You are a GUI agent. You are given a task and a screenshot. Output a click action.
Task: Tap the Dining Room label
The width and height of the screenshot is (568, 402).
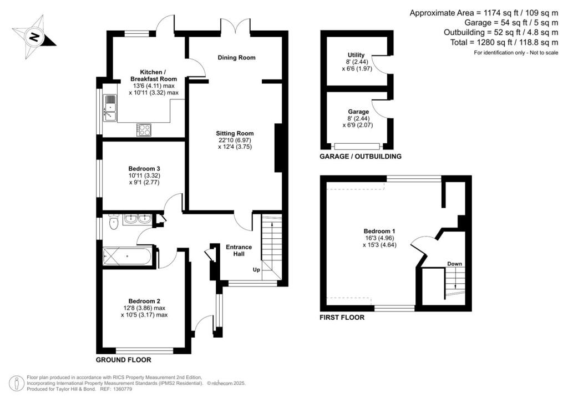tap(236, 58)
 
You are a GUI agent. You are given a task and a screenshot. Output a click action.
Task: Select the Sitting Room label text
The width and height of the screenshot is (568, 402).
tap(235, 133)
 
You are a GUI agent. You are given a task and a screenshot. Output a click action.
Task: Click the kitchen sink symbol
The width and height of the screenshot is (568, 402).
tap(110, 108)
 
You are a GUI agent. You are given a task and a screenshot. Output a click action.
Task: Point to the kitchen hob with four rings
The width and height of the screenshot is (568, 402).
tap(144, 129)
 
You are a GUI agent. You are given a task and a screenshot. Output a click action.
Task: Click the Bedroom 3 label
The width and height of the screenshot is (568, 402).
tap(144, 168)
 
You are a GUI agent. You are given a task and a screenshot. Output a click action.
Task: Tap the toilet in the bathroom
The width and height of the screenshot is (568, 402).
tap(114, 223)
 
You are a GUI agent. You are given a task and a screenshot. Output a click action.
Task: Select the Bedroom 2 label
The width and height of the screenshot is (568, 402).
tap(144, 300)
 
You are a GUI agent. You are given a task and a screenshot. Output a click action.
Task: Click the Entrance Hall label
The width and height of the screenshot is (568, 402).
tap(239, 250)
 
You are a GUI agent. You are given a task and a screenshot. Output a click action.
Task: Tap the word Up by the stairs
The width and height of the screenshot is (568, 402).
tap(256, 270)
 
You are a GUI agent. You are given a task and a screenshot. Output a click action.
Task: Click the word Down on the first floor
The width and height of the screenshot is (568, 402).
tap(454, 264)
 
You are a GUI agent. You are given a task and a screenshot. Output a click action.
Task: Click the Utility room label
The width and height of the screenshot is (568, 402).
tap(356, 55)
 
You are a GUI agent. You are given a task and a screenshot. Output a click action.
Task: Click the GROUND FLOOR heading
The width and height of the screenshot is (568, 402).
tap(124, 360)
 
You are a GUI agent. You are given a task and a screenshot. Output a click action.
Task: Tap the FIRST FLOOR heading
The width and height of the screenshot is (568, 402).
tap(342, 318)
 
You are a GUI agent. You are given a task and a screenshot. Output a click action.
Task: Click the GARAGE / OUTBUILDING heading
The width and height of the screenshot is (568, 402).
tap(360, 157)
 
